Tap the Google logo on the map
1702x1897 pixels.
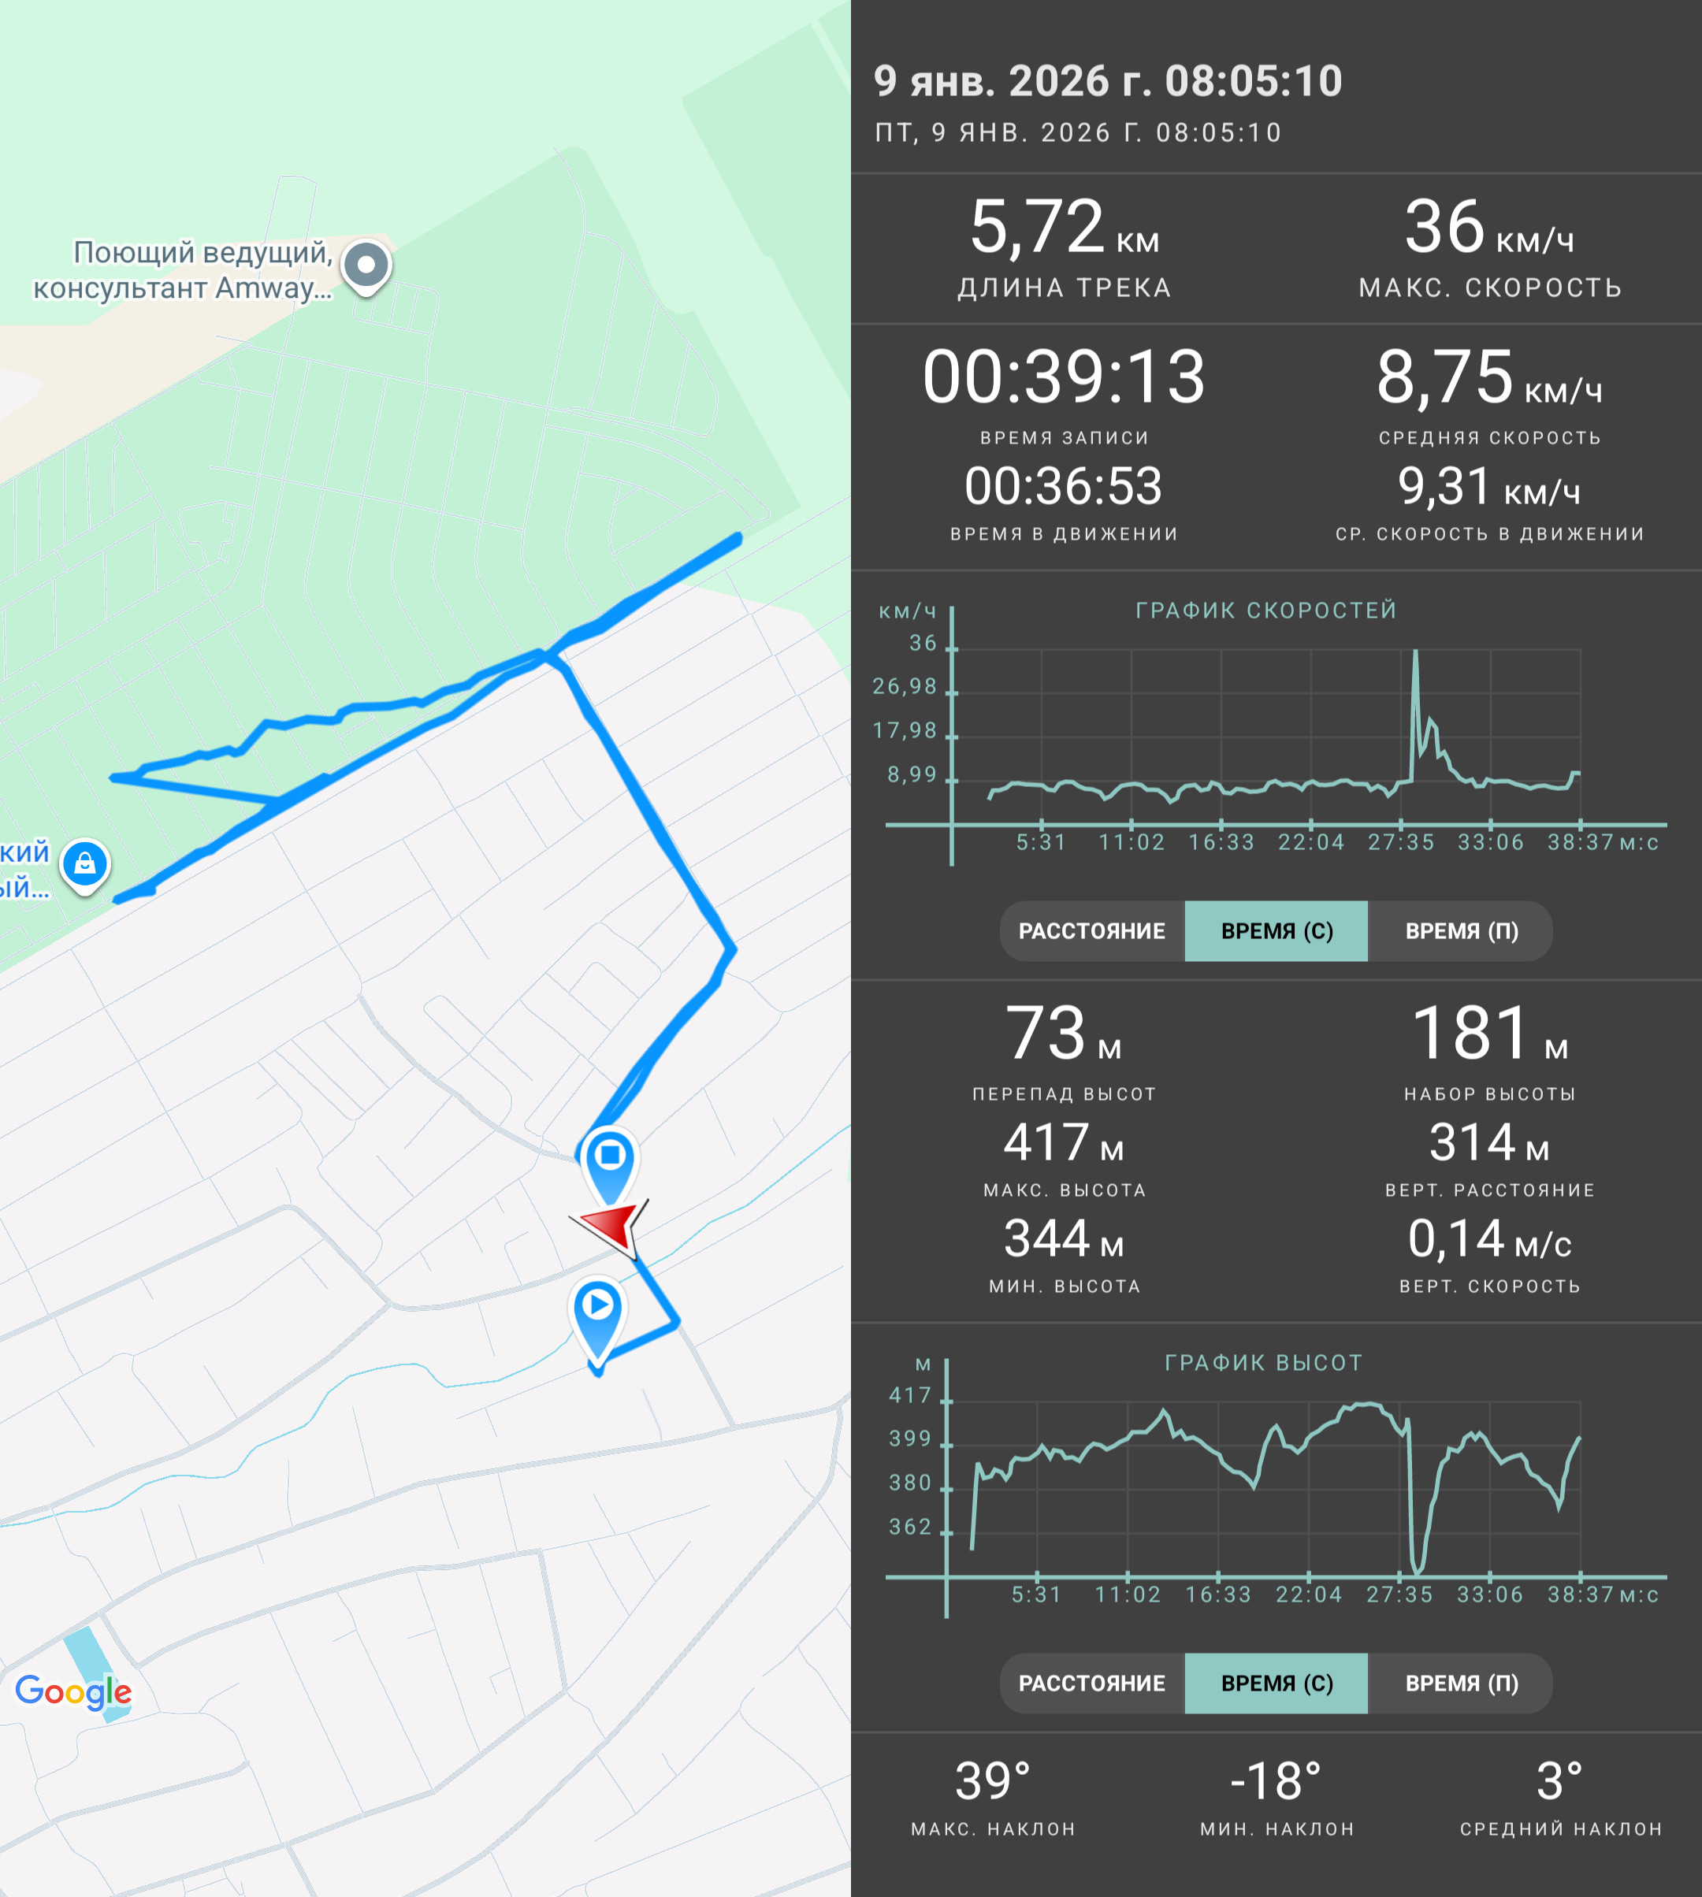pyautogui.click(x=73, y=1691)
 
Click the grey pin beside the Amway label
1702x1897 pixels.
pyautogui.click(x=366, y=265)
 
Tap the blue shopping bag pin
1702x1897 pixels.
pyautogui.click(x=85, y=865)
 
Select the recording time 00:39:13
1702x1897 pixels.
pyautogui.click(x=1065, y=377)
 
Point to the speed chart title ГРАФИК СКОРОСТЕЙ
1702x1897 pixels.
pyautogui.click(x=1266, y=611)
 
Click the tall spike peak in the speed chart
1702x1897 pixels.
pyautogui.click(x=1415, y=652)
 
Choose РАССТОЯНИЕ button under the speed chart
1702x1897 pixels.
pyautogui.click(x=1091, y=931)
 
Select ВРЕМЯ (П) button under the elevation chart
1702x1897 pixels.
pyautogui.click(x=1461, y=1683)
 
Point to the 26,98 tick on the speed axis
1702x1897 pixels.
pyautogui.click(x=905, y=687)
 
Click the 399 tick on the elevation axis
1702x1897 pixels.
pyautogui.click(x=910, y=1439)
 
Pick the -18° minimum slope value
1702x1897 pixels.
pyautogui.click(x=1276, y=1781)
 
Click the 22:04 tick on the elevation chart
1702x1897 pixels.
pyautogui.click(x=1308, y=1594)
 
